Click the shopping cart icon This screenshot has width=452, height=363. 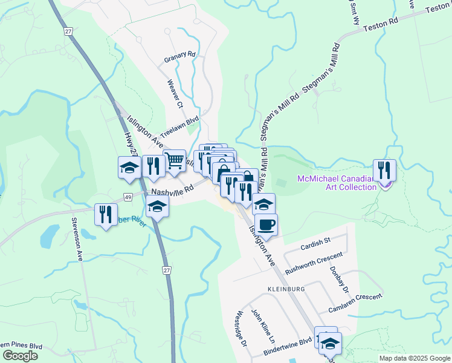[x=175, y=161]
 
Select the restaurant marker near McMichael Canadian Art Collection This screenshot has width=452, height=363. [x=384, y=170]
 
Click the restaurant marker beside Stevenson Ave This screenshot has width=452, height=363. [x=106, y=214]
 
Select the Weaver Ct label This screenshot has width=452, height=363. [x=175, y=93]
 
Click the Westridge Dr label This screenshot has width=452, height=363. [x=242, y=329]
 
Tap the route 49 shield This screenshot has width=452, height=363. [x=129, y=197]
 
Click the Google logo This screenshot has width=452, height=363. [x=19, y=355]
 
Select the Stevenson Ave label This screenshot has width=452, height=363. [x=77, y=240]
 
